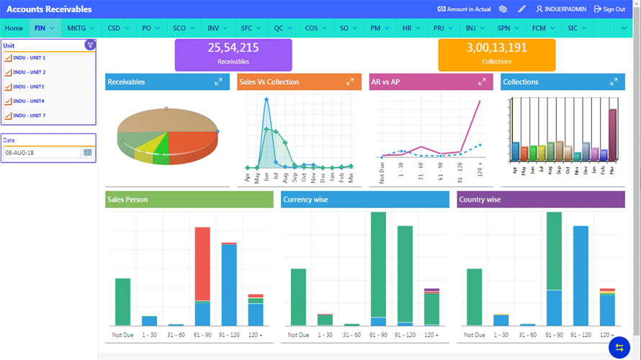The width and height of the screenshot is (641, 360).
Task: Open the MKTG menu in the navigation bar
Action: (80, 28)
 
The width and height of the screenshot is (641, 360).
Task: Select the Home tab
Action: (14, 28)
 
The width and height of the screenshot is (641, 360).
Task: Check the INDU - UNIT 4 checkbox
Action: (8, 102)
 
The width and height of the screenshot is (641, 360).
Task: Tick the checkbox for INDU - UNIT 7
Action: (8, 116)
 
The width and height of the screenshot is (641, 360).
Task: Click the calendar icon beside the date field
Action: (88, 153)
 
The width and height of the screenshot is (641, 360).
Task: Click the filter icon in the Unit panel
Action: (89, 45)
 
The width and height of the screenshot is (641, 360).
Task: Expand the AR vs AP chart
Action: (482, 82)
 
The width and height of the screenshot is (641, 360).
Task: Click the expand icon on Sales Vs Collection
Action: (350, 82)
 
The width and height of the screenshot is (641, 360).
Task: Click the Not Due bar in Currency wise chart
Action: (298, 297)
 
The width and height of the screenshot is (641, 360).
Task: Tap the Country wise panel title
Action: (480, 199)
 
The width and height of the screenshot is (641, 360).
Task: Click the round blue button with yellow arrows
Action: (619, 347)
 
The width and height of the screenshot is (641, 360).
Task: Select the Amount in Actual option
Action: (464, 9)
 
